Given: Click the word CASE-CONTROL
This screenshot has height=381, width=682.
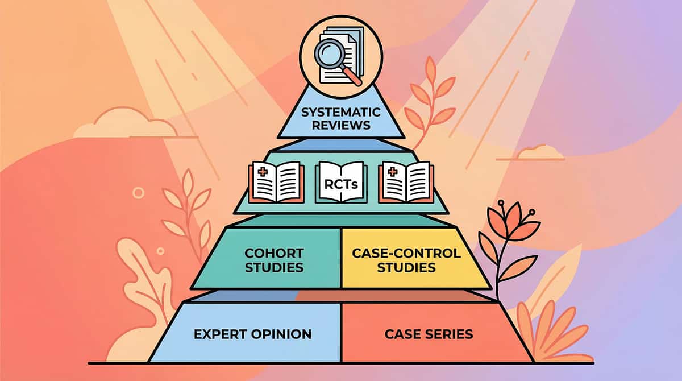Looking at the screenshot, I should [x=406, y=252].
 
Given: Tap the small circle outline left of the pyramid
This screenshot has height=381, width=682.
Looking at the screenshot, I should [x=138, y=193].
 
